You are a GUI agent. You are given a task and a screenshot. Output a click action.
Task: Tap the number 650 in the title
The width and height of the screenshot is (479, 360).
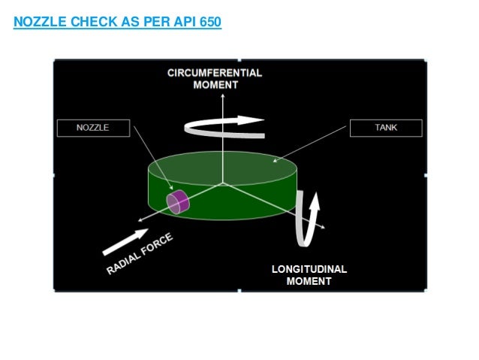[x=208, y=23]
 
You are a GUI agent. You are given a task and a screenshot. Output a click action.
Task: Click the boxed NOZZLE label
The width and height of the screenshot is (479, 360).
[x=93, y=128]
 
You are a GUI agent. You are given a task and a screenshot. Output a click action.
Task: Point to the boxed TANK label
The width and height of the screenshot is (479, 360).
[x=386, y=128]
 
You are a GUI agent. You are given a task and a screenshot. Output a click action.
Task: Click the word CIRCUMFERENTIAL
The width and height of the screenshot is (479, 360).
[x=214, y=73]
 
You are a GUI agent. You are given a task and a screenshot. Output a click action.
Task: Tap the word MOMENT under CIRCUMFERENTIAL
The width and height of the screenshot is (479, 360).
[x=214, y=85]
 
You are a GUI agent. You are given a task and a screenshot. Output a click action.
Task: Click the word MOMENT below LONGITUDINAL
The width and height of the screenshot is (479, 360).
[x=309, y=282]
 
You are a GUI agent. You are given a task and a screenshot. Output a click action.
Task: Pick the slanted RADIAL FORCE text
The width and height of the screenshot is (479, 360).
[x=141, y=253]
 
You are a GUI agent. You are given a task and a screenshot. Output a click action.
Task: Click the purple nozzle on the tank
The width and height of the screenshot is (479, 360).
[x=177, y=202]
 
